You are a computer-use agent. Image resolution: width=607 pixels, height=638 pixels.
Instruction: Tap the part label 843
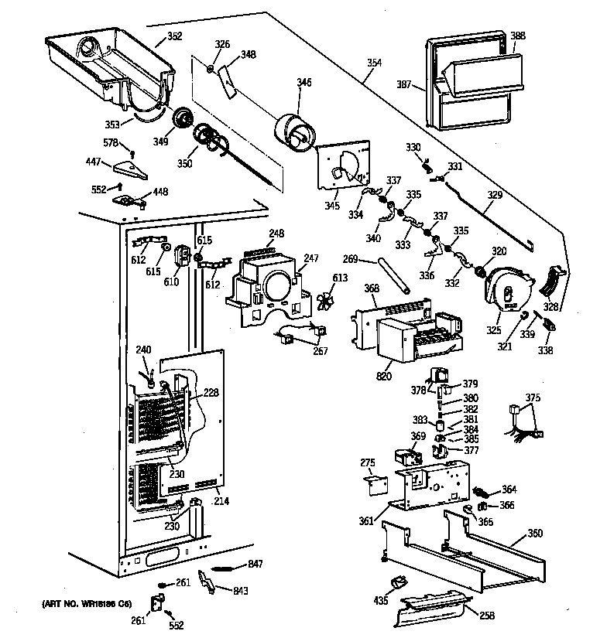(242, 591)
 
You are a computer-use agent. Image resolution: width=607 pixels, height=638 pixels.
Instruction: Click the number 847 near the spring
(256, 563)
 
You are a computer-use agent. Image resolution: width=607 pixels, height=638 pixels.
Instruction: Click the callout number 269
(350, 261)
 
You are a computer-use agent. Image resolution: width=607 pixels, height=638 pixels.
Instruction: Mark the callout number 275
(368, 462)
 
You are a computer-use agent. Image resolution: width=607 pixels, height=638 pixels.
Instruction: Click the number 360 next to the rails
(534, 534)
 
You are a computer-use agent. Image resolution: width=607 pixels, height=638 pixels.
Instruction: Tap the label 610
(171, 281)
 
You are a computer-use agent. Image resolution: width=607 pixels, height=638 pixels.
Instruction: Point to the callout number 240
(143, 350)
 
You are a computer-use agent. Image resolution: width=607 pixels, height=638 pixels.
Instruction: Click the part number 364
(509, 490)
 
